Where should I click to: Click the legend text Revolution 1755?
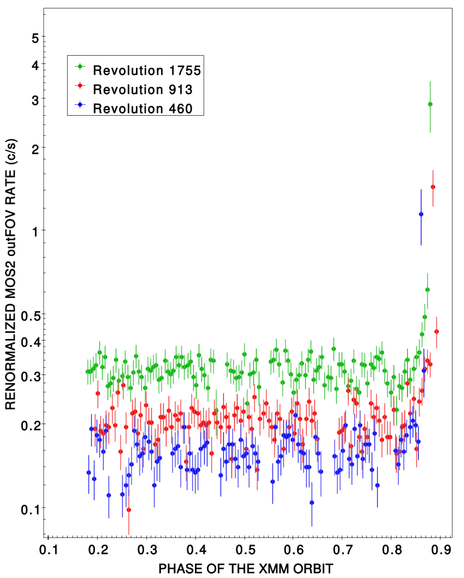pos(147,70)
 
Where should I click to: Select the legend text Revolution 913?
pos(142,90)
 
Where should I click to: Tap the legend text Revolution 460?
pos(142,109)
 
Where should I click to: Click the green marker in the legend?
pos(80,67)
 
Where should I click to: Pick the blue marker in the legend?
pos(80,105)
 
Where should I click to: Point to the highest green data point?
pos(430,104)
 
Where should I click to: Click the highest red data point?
pos(433,187)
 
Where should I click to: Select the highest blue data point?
pos(421,214)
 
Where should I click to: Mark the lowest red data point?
pos(129,510)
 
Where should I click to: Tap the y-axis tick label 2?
pos(35,150)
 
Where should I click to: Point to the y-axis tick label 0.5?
pos(29,316)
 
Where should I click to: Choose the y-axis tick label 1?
pos(35,232)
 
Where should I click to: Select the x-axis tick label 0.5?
pos(245,550)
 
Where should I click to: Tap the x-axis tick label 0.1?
pos(49,550)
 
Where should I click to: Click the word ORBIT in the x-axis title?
pos(313,569)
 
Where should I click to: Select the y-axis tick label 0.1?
pos(29,510)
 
